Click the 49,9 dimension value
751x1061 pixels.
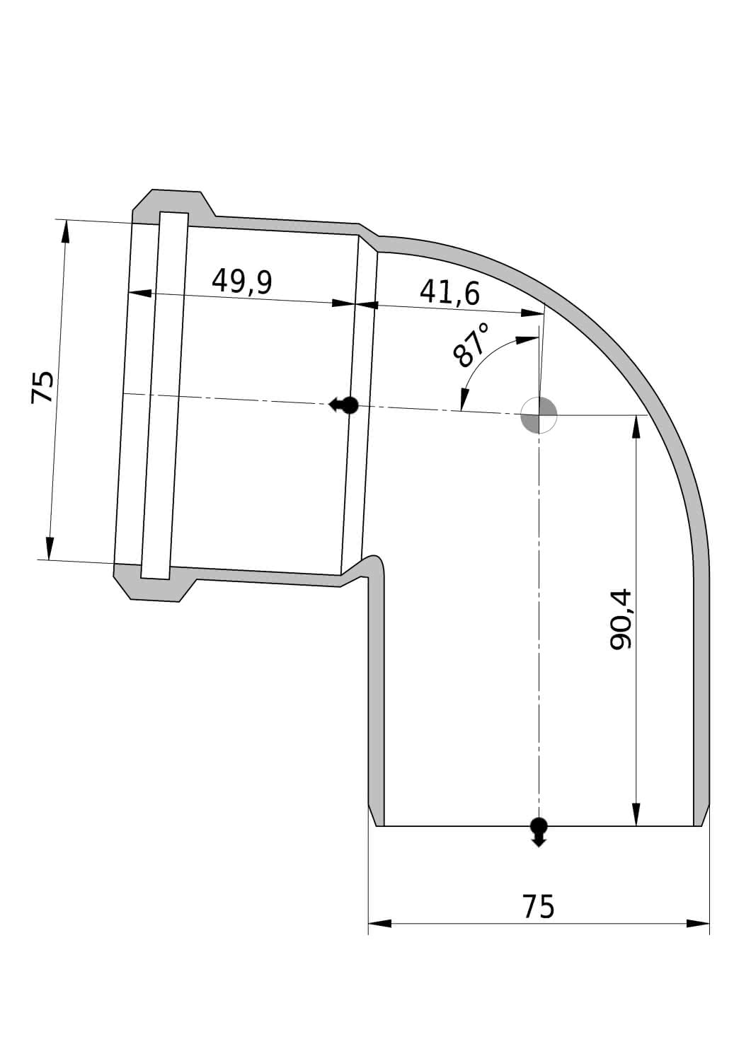242,282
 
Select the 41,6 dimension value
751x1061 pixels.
449,294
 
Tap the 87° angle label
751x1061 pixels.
471,345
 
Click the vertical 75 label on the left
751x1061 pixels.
42,387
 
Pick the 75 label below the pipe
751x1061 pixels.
538,907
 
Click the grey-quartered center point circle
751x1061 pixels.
539,415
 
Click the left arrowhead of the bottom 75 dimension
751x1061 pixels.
380,923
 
